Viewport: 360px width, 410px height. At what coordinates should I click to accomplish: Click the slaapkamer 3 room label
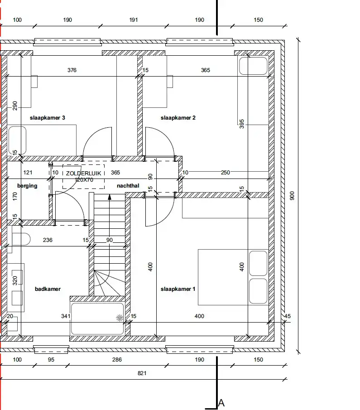(47, 118)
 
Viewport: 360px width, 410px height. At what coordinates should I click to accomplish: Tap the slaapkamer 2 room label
(178, 118)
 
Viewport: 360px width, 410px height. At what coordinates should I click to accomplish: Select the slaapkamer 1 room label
(178, 289)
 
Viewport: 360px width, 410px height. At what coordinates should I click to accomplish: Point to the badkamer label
(48, 289)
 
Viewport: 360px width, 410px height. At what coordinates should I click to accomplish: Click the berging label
(27, 186)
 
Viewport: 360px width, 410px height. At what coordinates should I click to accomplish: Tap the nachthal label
(128, 186)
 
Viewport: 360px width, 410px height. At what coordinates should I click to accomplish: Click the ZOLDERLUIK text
(83, 174)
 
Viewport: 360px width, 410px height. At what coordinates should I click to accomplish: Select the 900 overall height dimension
(292, 196)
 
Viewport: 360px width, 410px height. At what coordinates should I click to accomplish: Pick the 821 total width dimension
(142, 373)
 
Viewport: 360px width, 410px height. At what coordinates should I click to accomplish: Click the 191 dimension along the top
(133, 20)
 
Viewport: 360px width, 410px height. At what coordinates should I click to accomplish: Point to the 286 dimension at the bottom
(117, 360)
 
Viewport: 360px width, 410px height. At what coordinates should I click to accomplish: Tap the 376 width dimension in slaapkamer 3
(72, 70)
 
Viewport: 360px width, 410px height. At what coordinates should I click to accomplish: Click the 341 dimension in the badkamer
(66, 316)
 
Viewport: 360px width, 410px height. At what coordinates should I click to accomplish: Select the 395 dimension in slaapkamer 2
(241, 124)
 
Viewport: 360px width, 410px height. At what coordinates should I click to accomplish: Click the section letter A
(221, 403)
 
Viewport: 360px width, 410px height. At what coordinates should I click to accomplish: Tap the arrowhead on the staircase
(110, 197)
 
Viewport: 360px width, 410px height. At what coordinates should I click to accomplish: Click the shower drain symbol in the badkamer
(120, 318)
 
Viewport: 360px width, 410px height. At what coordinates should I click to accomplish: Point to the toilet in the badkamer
(21, 239)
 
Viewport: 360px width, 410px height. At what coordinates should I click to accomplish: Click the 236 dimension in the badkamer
(48, 240)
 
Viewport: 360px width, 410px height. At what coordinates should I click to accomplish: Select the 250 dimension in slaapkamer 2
(226, 173)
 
